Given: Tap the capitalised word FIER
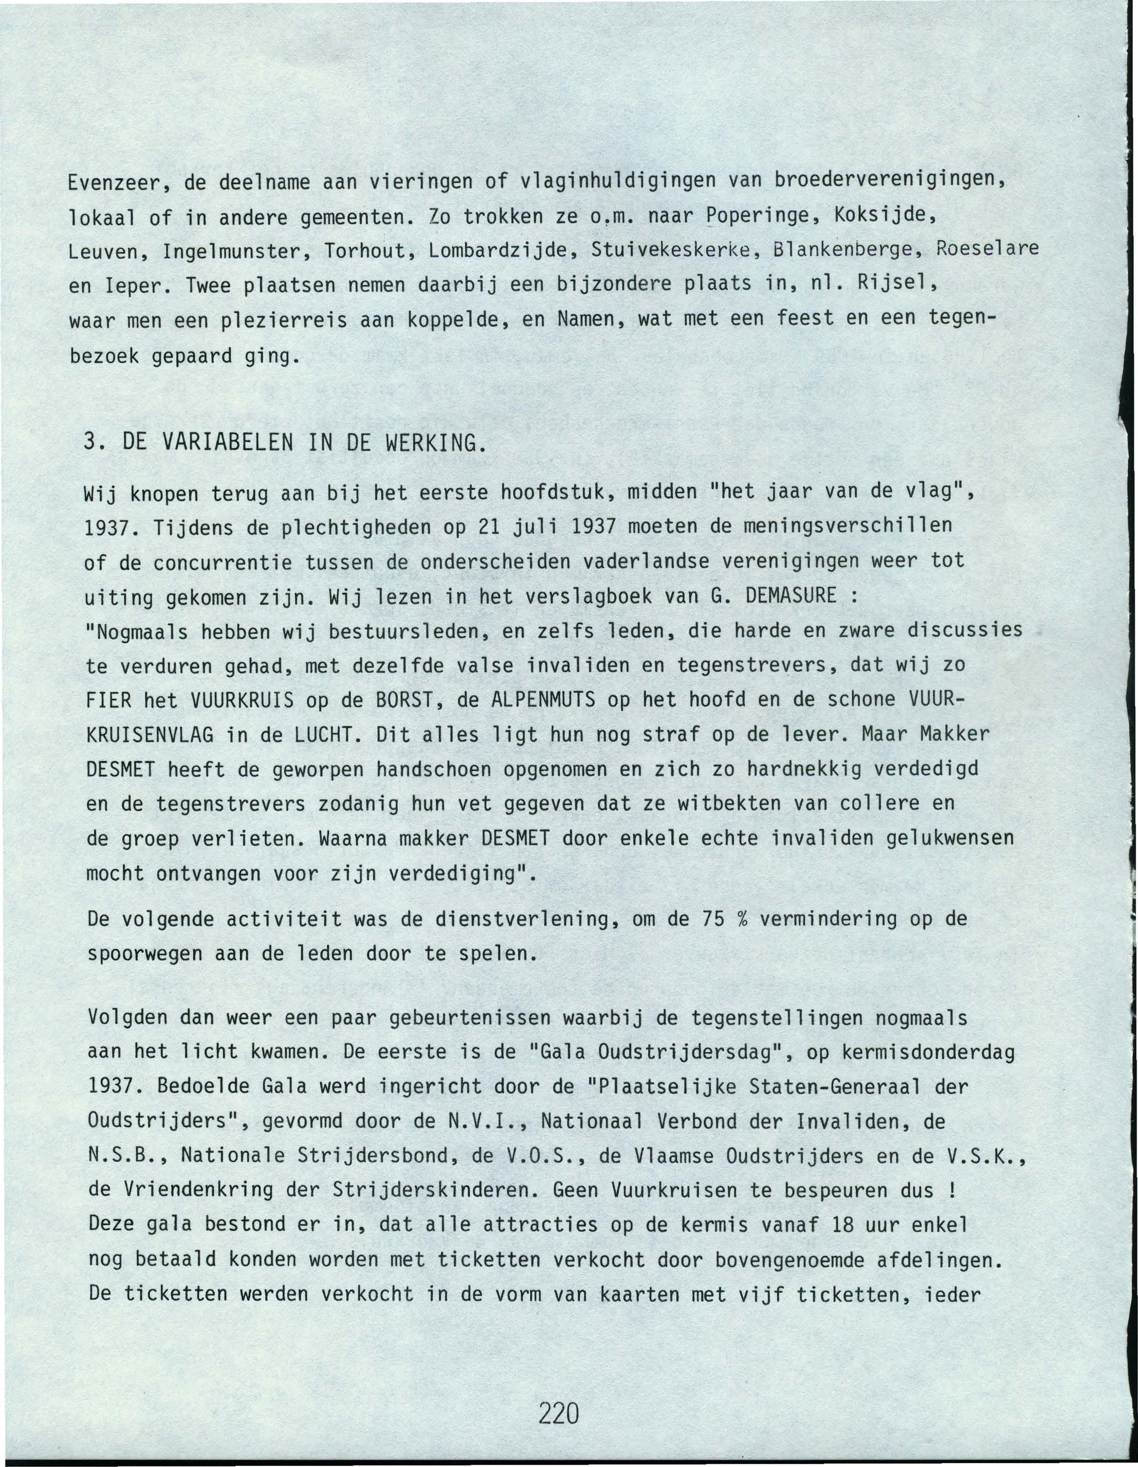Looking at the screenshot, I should click(109, 699).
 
